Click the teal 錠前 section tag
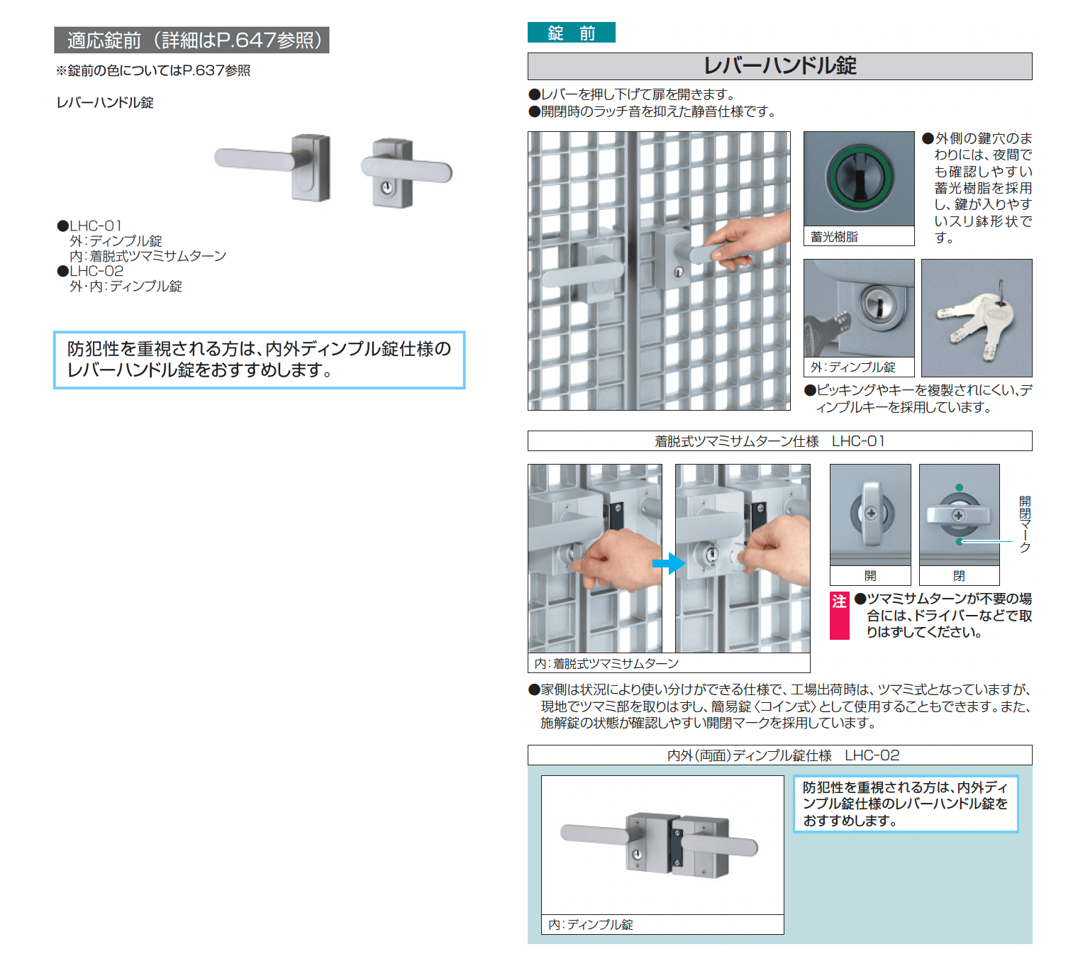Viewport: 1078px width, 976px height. [571, 33]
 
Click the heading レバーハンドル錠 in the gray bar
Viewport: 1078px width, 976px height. [779, 66]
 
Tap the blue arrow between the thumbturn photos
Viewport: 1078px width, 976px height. [668, 564]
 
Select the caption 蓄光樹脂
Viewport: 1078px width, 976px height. [834, 237]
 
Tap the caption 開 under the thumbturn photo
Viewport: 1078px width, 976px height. [870, 575]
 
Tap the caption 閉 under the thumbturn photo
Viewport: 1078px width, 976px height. [959, 575]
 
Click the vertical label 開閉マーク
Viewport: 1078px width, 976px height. [1025, 524]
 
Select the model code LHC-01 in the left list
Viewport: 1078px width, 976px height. [96, 226]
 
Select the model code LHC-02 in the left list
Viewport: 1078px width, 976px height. [96, 271]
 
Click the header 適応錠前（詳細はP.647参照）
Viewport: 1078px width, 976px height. [191, 40]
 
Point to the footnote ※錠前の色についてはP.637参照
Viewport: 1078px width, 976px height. [153, 70]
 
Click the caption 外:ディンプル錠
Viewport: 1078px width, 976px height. [853, 367]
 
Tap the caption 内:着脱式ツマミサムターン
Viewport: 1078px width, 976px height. [606, 663]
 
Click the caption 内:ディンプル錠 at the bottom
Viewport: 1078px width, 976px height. [591, 924]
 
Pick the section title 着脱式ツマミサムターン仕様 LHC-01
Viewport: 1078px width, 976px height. [769, 441]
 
